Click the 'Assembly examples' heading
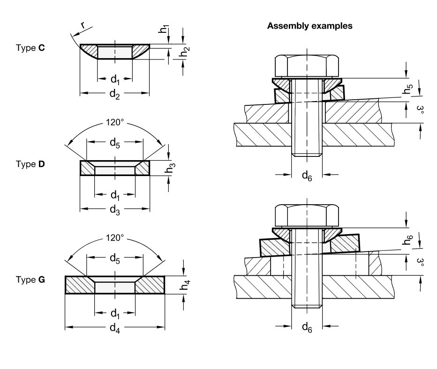309,27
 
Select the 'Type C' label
30,49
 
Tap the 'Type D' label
30,164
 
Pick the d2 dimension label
114,93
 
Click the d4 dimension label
114,329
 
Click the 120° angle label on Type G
115,238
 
